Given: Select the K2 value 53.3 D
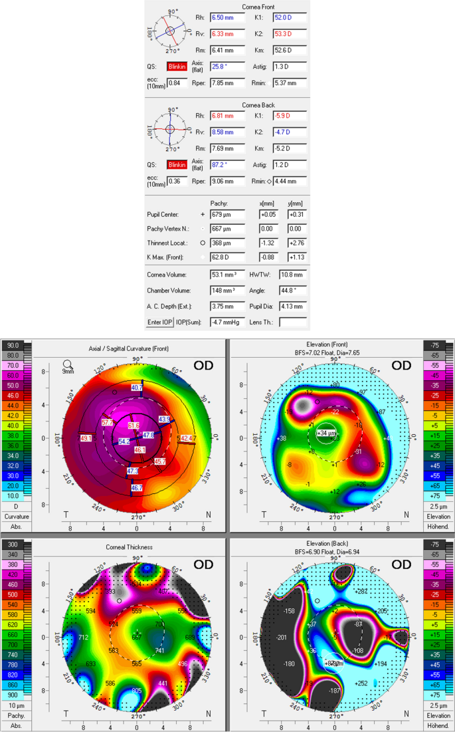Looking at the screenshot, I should pos(290,33).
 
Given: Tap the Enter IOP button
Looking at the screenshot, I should pos(159,322).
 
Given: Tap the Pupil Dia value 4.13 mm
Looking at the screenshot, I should pos(290,306).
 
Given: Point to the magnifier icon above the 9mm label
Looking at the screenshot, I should pos(67,364).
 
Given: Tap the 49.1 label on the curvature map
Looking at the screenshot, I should pos(86,438).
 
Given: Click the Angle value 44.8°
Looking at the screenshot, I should pos(290,291).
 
